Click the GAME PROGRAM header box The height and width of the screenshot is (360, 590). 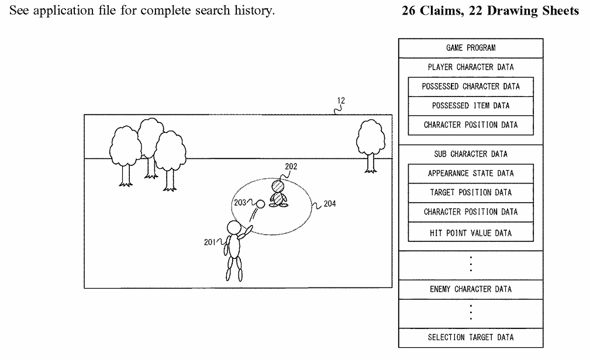click(471, 49)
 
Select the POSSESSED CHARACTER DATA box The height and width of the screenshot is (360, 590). click(471, 86)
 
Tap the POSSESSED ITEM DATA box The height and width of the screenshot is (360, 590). click(471, 106)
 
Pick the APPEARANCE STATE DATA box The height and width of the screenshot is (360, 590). click(471, 174)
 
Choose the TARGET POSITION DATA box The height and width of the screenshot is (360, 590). click(471, 193)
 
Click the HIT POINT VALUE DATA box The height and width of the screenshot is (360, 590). click(471, 233)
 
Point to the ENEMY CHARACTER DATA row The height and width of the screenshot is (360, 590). click(471, 289)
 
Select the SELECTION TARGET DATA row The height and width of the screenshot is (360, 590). click(471, 338)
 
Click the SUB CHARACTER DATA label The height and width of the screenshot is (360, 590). click(471, 154)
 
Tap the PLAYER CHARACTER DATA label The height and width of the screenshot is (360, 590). click(471, 67)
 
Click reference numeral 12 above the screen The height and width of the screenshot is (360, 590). click(341, 101)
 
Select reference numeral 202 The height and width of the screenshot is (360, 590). click(291, 167)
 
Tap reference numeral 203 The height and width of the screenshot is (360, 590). click(240, 203)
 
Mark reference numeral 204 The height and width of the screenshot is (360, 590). click(329, 205)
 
